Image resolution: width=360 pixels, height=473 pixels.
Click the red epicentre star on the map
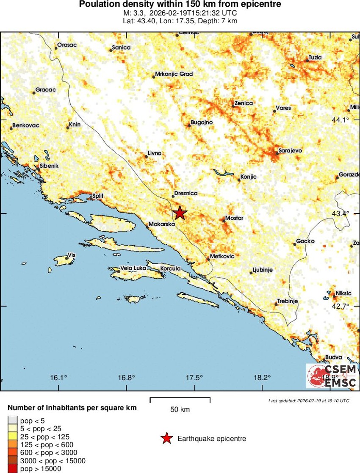[180, 213]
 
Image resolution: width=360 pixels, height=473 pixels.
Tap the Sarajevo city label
[290, 150]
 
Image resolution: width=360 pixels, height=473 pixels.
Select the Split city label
[97, 196]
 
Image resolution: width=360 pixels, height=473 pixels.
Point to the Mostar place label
[234, 218]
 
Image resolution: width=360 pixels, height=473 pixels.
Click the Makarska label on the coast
[162, 224]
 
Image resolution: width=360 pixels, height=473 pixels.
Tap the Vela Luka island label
[133, 268]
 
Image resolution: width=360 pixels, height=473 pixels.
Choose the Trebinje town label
[288, 301]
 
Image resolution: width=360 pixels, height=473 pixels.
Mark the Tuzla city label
[315, 57]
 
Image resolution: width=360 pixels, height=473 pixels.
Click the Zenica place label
[244, 103]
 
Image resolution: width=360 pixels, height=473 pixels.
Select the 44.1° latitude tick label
[340, 120]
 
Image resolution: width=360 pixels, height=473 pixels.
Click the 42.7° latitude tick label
[340, 306]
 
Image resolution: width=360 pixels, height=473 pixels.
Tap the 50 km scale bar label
[180, 409]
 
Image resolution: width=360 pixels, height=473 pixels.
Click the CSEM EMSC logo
[331, 376]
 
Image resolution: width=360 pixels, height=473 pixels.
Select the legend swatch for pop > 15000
[12, 468]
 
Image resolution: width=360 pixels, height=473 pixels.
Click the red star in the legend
[167, 439]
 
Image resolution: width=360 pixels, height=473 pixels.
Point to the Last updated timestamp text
[309, 401]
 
